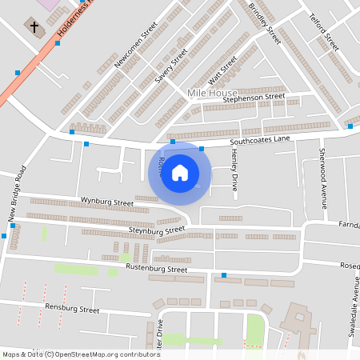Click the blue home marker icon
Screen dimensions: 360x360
[x=180, y=173]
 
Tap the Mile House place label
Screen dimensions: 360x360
[x=211, y=94]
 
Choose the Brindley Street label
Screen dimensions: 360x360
[x=265, y=23]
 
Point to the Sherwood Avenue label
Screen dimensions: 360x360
[x=323, y=178]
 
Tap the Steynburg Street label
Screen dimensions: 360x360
[x=157, y=231]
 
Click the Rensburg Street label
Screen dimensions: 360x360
[x=72, y=309]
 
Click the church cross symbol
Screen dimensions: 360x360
[x=35, y=27]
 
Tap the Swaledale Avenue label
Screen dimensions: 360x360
[x=353, y=313]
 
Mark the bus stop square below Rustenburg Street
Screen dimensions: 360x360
[x=224, y=276]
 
